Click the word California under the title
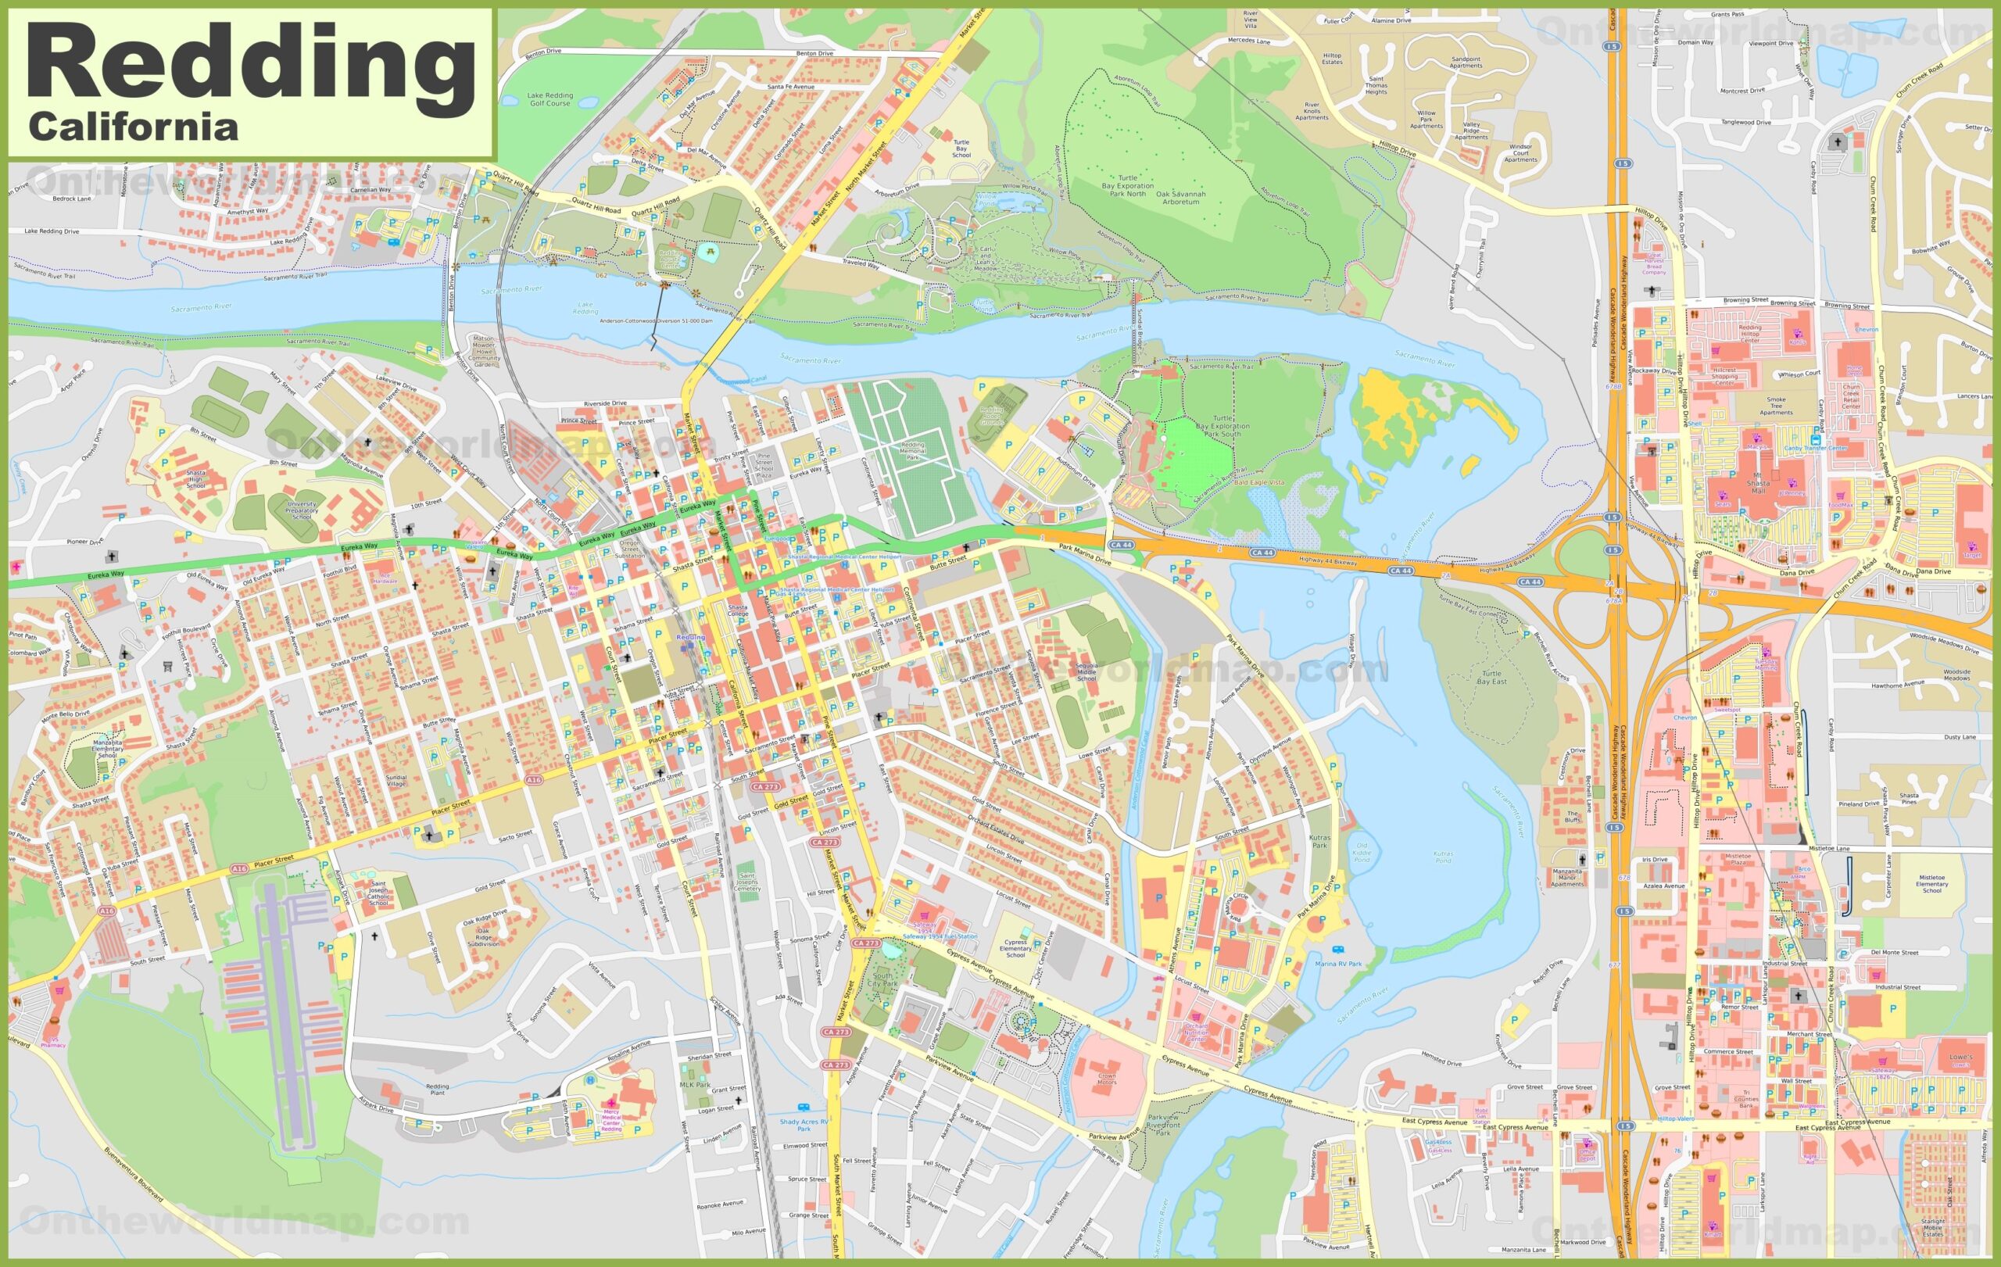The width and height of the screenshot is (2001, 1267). click(133, 127)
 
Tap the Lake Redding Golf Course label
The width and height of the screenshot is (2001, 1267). click(549, 98)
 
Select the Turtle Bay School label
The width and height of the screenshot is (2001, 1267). click(961, 149)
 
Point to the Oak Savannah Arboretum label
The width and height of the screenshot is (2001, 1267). click(1180, 198)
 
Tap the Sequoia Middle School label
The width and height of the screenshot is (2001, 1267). click(1086, 673)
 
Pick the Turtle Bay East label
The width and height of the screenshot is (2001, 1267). click(1491, 677)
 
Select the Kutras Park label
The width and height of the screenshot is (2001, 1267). click(1319, 842)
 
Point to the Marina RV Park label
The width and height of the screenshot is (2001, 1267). click(1338, 964)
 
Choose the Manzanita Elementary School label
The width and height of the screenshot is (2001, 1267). click(107, 748)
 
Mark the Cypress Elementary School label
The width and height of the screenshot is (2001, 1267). click(1015, 949)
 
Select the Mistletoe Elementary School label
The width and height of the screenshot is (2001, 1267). click(1932, 883)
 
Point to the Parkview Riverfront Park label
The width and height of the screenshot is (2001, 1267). click(1162, 1125)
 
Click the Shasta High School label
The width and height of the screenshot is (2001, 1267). click(195, 479)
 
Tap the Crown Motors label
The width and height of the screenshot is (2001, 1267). click(1106, 1079)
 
